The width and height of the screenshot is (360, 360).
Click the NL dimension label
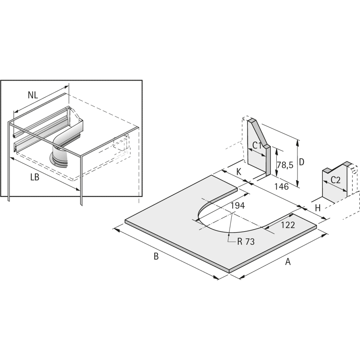33,95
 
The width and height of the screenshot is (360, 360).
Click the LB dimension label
35,177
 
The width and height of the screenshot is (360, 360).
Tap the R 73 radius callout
246,242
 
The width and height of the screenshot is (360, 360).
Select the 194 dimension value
238,206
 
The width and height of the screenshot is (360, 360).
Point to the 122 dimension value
288,225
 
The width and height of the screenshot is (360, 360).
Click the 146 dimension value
282,187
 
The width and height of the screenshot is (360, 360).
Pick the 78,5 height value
285,165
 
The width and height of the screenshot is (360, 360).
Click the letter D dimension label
301,162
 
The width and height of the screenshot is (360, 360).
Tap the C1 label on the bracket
257,145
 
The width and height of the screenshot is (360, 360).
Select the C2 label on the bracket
335,180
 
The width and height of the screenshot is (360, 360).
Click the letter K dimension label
239,171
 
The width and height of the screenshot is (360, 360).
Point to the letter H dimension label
318,208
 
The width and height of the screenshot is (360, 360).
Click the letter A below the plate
288,261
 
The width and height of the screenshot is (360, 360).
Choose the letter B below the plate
156,256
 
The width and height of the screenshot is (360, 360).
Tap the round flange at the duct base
59,160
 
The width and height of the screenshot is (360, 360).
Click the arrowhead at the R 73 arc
229,234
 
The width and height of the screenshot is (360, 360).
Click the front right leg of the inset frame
81,180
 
